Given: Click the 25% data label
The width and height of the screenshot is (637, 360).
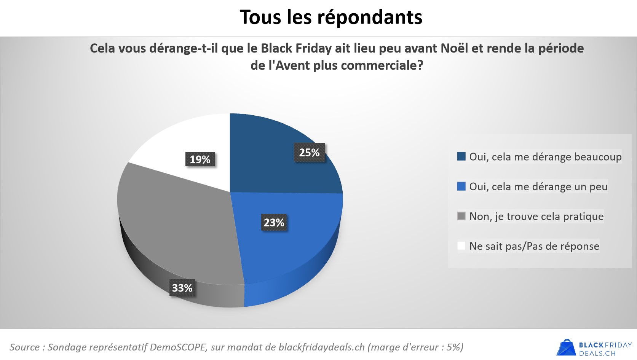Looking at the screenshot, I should pyautogui.click(x=309, y=153).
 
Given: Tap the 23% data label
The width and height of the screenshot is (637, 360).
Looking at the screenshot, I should pyautogui.click(x=274, y=223).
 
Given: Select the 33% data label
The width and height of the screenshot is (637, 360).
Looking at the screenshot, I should pyautogui.click(x=182, y=288).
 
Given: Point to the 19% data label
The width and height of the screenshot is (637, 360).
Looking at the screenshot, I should pyautogui.click(x=200, y=159).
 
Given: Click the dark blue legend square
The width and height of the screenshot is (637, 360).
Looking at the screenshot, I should pyautogui.click(x=461, y=156).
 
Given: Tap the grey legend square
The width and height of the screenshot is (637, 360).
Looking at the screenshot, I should pyautogui.click(x=461, y=216).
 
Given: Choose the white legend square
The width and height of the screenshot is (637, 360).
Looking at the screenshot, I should pyautogui.click(x=461, y=246).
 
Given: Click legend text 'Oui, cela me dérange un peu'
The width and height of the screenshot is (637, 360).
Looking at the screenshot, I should pyautogui.click(x=538, y=186).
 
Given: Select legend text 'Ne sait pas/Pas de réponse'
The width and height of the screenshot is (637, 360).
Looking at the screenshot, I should pyautogui.click(x=534, y=246).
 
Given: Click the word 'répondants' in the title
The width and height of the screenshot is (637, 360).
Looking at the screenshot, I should pyautogui.click(x=369, y=18).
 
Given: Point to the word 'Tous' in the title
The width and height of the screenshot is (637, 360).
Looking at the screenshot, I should pyautogui.click(x=260, y=18).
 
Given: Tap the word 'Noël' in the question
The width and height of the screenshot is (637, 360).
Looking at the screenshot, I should pyautogui.click(x=454, y=48).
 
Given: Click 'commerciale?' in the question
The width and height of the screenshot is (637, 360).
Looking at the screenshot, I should pyautogui.click(x=382, y=65).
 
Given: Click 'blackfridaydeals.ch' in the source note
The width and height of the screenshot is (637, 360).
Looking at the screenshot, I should pyautogui.click(x=321, y=347).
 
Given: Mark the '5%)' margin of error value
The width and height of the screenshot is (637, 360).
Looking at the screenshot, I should pyautogui.click(x=455, y=347).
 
